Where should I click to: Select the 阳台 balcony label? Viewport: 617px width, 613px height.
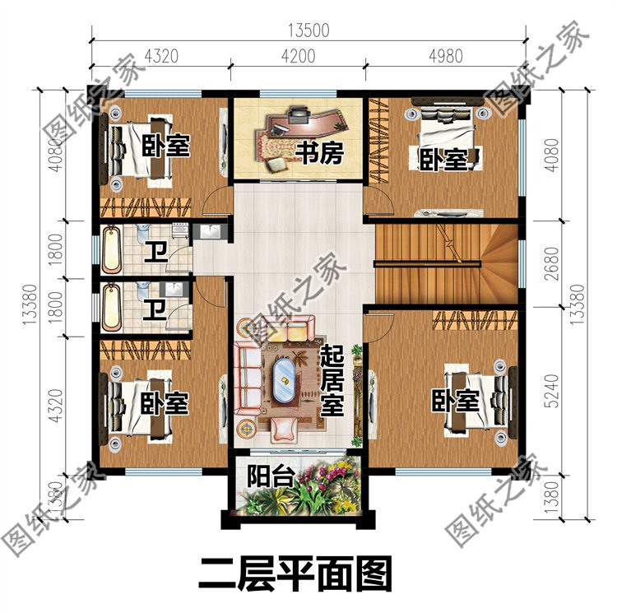[263, 476]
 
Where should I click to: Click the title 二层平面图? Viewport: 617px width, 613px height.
[294, 573]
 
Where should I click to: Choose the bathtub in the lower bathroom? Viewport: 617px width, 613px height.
[113, 306]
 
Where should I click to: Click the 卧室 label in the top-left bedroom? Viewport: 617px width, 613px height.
[165, 146]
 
